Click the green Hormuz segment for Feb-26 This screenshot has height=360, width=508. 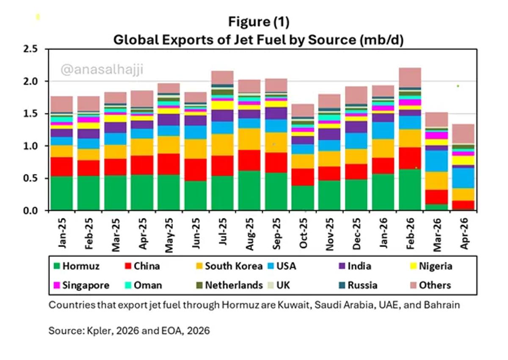[x=410, y=190]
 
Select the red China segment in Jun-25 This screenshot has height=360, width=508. [x=196, y=170]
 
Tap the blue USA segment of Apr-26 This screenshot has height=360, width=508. [x=463, y=178]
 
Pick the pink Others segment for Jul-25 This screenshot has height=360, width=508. [x=222, y=78]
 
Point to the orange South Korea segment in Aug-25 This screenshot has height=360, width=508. [x=249, y=139]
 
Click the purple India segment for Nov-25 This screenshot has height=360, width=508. [x=329, y=134]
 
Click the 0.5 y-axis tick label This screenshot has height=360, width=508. [x=30, y=179]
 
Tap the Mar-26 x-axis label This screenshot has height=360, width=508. [x=437, y=235]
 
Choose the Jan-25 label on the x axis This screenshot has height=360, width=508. [x=62, y=233]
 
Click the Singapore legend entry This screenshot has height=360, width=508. [x=81, y=285]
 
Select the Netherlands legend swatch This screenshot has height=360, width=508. [x=199, y=285]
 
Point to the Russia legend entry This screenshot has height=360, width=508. [x=358, y=285]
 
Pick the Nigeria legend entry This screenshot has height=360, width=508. [x=431, y=266]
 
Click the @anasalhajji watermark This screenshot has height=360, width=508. [x=102, y=69]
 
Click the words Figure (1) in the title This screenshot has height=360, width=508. [x=259, y=22]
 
